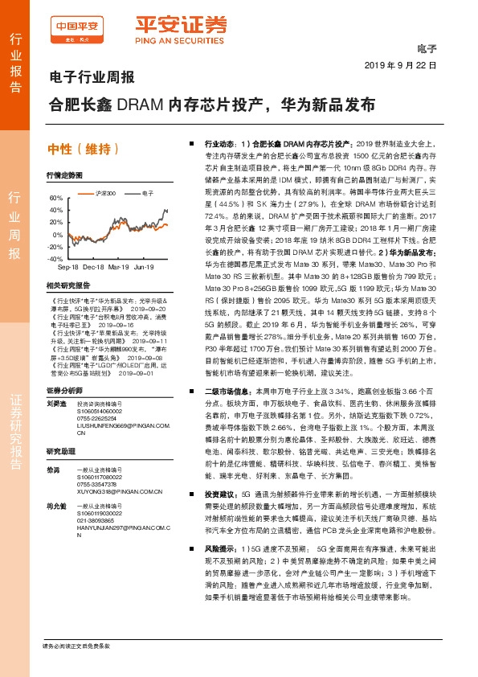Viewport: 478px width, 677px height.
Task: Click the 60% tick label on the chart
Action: click(x=55, y=198)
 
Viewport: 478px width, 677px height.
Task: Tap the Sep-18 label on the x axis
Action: click(x=67, y=267)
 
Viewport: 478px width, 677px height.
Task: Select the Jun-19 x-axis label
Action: click(x=145, y=267)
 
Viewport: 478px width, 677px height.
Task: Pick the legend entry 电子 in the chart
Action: click(x=146, y=194)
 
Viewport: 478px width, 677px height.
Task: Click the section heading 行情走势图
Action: click(x=64, y=174)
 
